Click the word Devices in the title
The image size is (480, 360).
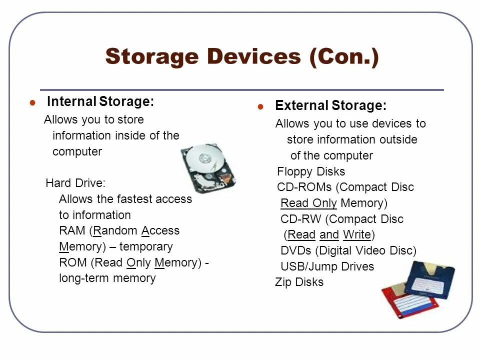(250, 56)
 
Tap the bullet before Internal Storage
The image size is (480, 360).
(32, 103)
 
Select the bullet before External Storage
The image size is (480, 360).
(260, 107)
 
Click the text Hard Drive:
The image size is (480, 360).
(75, 183)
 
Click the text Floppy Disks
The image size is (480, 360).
(311, 172)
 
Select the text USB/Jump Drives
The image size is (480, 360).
(327, 266)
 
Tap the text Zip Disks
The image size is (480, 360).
(299, 282)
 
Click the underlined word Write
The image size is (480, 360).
(356, 235)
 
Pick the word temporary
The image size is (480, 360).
(146, 247)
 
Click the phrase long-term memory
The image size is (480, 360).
(107, 278)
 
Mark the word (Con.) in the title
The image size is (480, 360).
(343, 56)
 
